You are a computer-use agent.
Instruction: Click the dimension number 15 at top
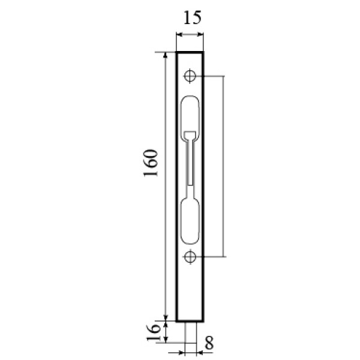193,17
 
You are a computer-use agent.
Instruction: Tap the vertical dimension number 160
151,163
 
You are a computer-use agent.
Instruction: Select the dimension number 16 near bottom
153,332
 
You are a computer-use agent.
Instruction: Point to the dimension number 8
209,343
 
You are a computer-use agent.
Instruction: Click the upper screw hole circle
190,76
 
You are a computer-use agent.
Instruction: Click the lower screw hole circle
190,256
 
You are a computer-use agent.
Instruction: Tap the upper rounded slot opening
190,117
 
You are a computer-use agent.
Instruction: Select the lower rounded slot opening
190,220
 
